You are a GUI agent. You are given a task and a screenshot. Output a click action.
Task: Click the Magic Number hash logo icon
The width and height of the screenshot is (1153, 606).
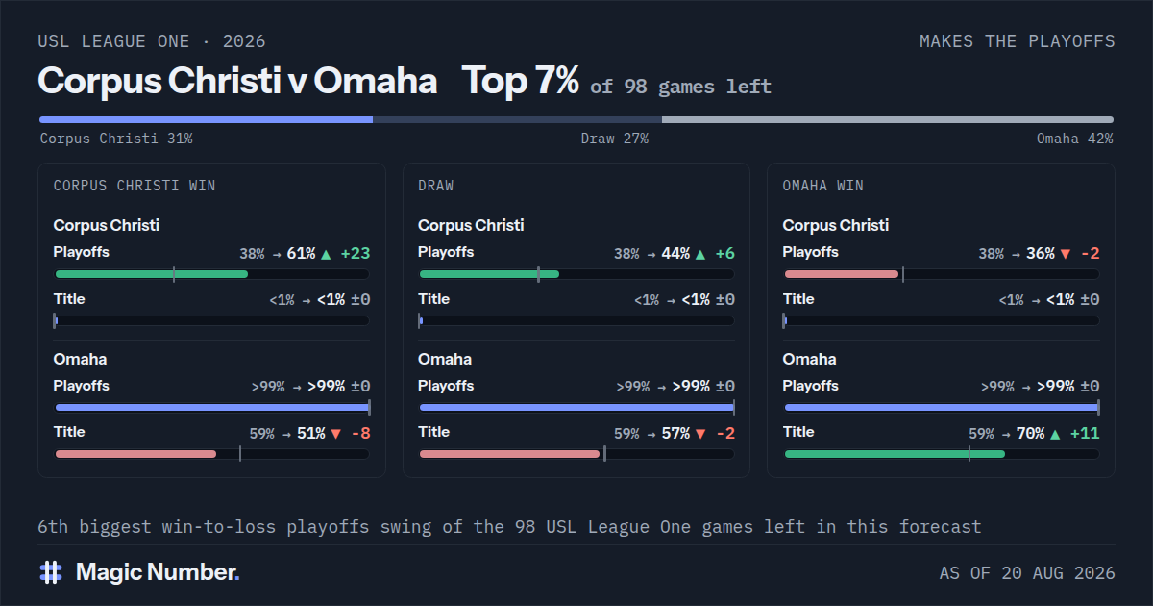(51, 572)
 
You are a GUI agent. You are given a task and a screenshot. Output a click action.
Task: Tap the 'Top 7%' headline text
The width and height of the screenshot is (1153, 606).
(520, 81)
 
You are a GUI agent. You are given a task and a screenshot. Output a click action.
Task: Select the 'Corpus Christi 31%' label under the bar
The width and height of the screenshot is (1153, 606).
(116, 139)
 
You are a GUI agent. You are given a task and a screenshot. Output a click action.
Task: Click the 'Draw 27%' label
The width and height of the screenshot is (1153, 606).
(615, 139)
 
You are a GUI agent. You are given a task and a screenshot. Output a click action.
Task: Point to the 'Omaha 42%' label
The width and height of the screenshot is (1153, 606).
(1075, 139)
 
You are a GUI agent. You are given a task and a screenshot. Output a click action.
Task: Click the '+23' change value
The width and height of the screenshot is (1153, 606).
(356, 254)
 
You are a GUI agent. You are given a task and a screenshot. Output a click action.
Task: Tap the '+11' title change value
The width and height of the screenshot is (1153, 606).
(1085, 434)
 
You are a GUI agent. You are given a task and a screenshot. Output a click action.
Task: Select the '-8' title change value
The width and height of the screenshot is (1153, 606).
(361, 434)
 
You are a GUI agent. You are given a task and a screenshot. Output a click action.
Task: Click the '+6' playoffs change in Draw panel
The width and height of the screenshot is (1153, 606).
(724, 254)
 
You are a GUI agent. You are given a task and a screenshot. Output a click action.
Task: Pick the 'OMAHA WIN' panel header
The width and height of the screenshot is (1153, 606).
(823, 186)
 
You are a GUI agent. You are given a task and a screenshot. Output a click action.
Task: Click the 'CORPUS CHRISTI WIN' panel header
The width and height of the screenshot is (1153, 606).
(135, 186)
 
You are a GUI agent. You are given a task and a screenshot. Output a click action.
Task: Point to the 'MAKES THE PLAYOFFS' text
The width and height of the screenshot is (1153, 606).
(1018, 41)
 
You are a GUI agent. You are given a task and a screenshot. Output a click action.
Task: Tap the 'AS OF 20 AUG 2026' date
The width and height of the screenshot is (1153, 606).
(1027, 573)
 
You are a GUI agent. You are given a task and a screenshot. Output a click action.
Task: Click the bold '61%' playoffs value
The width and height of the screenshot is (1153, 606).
(301, 254)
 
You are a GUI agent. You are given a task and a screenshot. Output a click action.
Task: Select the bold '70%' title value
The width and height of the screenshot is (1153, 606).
(1030, 434)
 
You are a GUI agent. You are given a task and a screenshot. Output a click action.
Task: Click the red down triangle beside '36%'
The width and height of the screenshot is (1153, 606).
(1066, 254)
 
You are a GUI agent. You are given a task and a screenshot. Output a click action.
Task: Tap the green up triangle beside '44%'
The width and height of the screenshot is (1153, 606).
(700, 254)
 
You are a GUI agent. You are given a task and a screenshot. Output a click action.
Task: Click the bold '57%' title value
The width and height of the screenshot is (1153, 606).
(675, 434)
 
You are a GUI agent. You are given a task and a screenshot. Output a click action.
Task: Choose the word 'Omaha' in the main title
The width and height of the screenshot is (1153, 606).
(376, 81)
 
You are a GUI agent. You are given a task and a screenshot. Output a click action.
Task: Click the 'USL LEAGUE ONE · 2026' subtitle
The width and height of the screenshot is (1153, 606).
(152, 41)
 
